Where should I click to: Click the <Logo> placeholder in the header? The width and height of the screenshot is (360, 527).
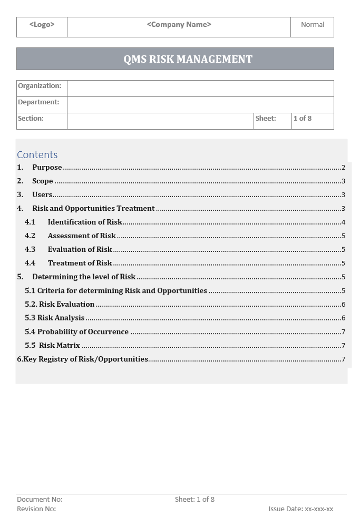42,24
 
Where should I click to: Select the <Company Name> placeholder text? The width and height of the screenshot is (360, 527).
179,24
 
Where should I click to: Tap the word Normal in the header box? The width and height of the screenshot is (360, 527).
313,24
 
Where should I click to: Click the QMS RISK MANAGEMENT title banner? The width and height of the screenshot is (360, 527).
188,59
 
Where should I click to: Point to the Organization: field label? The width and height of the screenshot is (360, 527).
40,86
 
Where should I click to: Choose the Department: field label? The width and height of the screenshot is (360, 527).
38,102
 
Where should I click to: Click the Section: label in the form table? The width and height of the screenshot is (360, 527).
31,119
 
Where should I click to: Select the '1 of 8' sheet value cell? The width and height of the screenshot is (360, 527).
303,119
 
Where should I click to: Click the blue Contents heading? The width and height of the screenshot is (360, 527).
37,154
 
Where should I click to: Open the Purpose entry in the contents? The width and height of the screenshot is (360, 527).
47,168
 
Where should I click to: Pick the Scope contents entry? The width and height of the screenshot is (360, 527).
43,181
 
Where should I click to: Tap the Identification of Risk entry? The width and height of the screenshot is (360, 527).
85,222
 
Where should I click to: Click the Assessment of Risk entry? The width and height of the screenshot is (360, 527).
82,236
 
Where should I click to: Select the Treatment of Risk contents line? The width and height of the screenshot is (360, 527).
80,263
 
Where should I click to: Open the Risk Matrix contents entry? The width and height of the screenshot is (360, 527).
60,346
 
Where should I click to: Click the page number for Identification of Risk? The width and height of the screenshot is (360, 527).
343,222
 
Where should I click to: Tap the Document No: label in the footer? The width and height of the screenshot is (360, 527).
40,499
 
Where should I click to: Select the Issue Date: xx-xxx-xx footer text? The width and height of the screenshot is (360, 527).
300,509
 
